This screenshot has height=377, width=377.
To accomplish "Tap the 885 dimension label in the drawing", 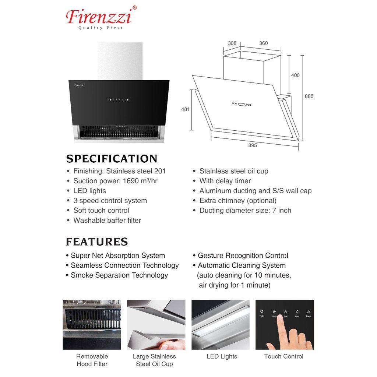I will coord(309,96).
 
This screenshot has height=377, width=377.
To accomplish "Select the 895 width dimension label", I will coord(253,145).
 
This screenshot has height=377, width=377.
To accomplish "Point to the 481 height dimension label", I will coord(185,109).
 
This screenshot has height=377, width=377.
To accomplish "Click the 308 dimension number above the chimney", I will coord(232,43).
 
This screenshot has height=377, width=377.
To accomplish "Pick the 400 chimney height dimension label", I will coord(295,75).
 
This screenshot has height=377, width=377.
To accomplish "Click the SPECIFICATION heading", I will coord(112,159).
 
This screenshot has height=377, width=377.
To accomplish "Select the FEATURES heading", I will coord(97,242).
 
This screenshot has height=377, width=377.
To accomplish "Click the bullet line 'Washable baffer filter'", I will coord(107,221).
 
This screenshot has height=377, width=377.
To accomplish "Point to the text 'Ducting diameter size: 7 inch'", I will coord(245,211).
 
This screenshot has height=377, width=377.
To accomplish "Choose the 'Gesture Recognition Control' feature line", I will coord(243,256).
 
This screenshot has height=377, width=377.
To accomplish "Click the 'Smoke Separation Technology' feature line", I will coord(119,275).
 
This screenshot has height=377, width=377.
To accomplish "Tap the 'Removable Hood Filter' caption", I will coord(92,360).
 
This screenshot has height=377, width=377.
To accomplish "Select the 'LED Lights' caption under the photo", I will coord(222,356).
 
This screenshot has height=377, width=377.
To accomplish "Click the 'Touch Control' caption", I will coord(283,356).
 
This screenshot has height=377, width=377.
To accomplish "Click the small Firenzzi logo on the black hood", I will coord(78,85).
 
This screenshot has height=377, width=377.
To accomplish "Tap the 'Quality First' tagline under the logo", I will coord(100,28).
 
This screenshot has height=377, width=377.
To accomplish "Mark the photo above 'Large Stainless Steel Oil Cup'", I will coord(156,324).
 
